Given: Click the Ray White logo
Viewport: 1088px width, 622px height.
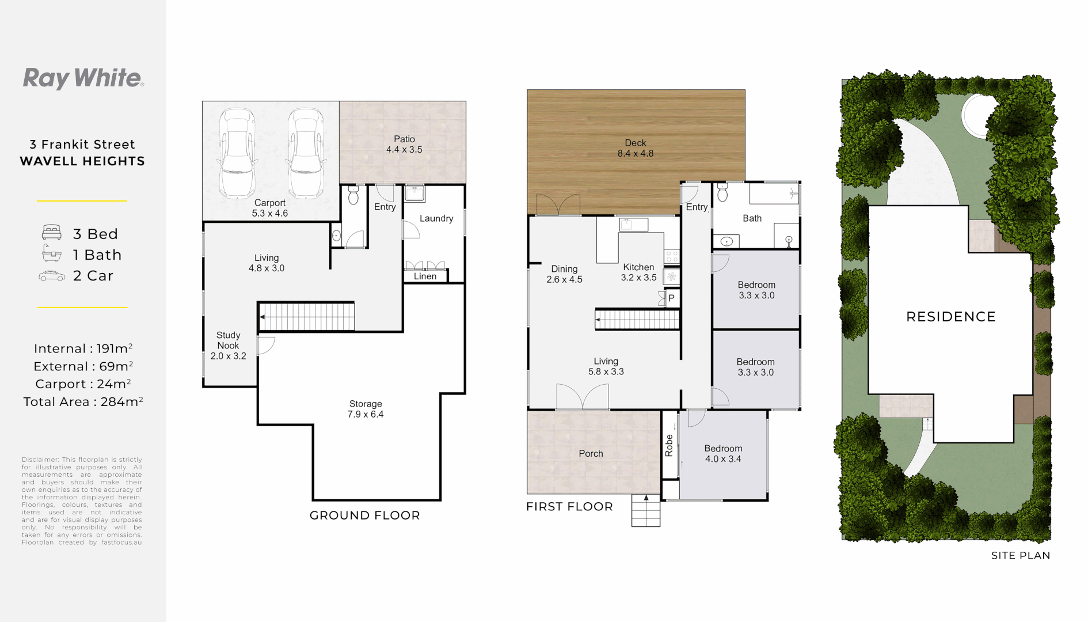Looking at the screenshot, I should click(83, 78).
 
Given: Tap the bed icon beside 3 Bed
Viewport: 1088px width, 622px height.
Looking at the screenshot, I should click(52, 233).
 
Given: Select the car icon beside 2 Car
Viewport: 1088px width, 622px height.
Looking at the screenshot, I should click(52, 276).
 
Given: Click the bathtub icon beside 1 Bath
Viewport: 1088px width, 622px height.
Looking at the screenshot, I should click(52, 253).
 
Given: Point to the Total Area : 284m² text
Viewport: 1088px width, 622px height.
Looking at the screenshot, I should click(83, 402).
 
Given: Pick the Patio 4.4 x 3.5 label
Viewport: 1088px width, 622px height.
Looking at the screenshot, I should click(404, 145).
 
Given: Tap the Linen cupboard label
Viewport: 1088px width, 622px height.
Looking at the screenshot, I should click(425, 276).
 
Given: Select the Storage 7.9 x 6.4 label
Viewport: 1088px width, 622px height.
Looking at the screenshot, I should click(366, 409).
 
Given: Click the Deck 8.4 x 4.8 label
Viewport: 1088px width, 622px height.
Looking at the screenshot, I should click(636, 148).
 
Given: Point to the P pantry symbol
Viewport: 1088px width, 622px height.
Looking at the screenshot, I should click(671, 298).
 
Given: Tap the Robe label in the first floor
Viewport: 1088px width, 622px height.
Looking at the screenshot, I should click(669, 446).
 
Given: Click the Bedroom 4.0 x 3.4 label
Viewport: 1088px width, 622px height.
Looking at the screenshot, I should click(723, 454).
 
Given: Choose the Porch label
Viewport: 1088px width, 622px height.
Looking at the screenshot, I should click(591, 454).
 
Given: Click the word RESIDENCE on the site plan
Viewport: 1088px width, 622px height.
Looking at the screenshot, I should click(950, 317).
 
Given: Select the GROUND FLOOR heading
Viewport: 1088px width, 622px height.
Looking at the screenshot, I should click(364, 515).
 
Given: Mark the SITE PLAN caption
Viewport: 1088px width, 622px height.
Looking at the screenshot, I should click(1020, 556).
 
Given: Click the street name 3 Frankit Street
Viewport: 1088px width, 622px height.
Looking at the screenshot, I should click(82, 145).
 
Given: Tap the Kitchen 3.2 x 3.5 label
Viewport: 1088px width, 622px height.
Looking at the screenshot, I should click(638, 272).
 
